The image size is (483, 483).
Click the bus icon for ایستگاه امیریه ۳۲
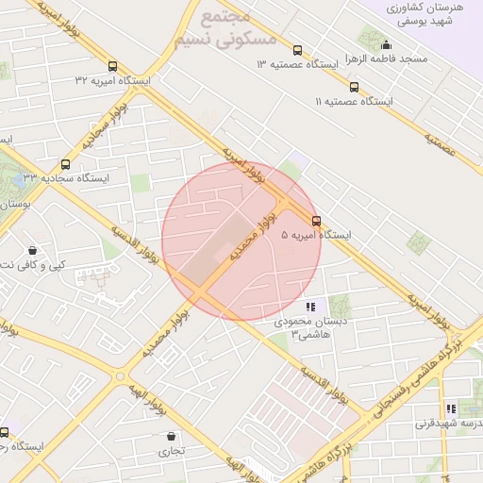point(113,67)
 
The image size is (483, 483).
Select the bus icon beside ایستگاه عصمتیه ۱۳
point(298,51)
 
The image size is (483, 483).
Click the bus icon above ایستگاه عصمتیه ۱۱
point(354,87)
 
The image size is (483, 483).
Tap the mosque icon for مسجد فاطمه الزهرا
point(386,44)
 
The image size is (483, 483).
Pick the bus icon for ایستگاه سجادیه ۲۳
point(64,163)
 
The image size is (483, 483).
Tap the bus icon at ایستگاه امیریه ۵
point(316,221)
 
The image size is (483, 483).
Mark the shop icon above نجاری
point(170,437)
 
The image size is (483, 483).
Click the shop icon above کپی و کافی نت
point(34,251)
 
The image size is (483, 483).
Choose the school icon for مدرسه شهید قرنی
point(451,408)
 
